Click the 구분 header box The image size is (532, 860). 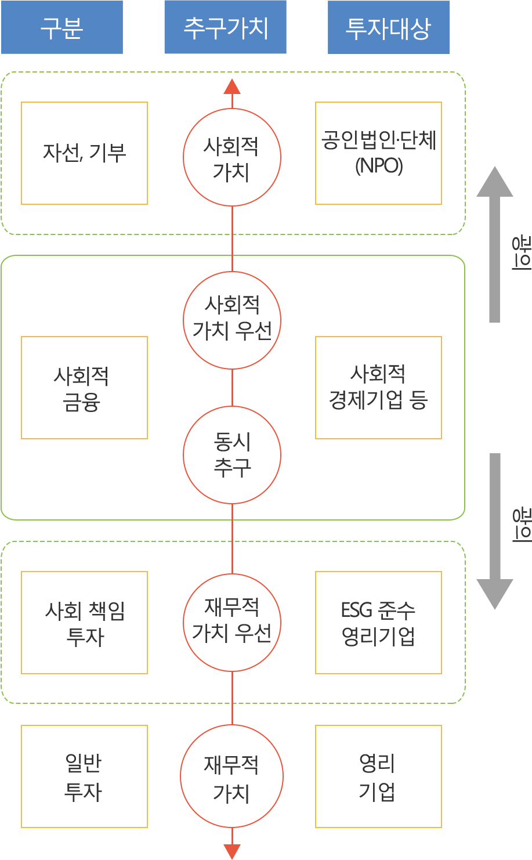tap(62, 27)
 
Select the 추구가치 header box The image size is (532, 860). tap(225, 27)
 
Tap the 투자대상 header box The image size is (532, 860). tap(388, 27)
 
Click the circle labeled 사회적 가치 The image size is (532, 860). tap(232, 157)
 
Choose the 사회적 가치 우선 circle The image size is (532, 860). tap(232, 320)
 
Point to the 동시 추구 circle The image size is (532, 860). tap(232, 455)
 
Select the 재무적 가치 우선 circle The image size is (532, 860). tap(232, 621)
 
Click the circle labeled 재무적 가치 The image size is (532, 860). tap(232, 777)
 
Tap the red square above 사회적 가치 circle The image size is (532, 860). tap(232, 86)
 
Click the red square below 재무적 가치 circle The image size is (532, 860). tap(231, 851)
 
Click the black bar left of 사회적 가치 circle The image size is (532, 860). tap(84, 153)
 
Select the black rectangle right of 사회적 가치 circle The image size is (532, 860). tap(378, 153)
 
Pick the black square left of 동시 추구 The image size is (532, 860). tap(80, 389)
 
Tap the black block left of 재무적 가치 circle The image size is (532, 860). tap(83, 778)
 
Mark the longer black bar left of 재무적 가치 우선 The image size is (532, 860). tap(84, 611)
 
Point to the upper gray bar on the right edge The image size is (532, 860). tap(494, 244)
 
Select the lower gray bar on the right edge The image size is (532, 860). tap(494, 531)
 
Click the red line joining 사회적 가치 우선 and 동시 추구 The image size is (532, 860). tap(232, 388)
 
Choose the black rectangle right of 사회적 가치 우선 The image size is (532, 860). tap(378, 387)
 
